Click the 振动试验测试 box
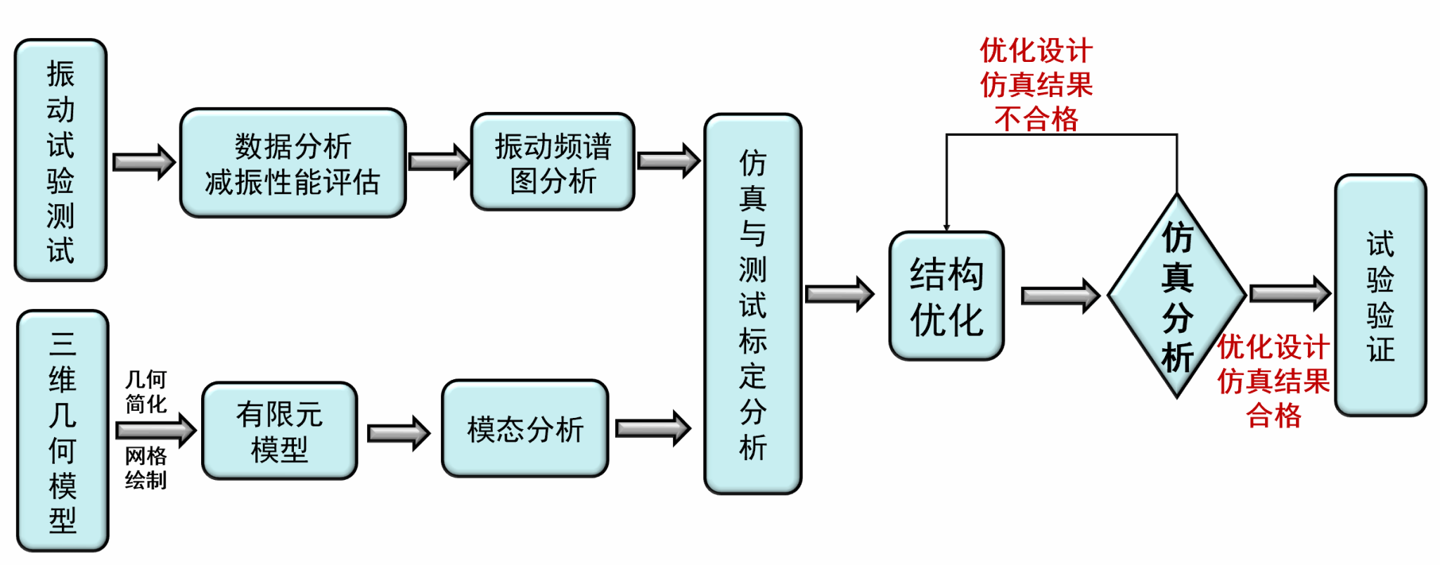(x=60, y=160)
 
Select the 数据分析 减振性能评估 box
(x=292, y=163)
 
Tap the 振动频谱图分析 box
(x=553, y=162)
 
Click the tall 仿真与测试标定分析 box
(x=752, y=304)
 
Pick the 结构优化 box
(x=946, y=296)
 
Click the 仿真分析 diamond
(x=1177, y=296)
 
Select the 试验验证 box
(x=1380, y=296)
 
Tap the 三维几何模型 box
(x=63, y=431)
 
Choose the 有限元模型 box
(x=279, y=431)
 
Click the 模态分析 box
(x=525, y=429)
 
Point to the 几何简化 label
(x=146, y=392)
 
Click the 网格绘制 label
(x=146, y=468)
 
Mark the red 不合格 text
(x=1036, y=119)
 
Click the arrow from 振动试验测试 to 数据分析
(x=143, y=163)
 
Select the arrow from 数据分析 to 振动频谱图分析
(x=439, y=162)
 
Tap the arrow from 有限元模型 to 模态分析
(x=398, y=433)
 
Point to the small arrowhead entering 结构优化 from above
(x=946, y=227)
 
